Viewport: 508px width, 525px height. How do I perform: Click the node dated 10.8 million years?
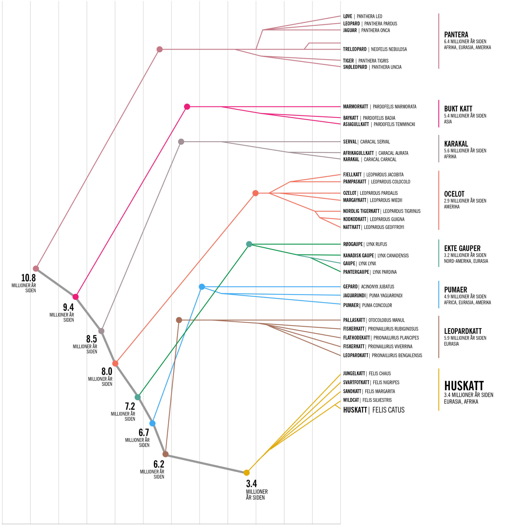pos(36,268)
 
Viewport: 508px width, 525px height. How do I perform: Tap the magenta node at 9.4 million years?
pos(76,297)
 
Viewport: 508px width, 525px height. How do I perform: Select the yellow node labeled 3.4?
pos(246,472)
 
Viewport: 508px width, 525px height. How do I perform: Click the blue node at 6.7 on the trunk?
pos(152,423)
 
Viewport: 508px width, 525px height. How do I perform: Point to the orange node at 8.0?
pos(115,363)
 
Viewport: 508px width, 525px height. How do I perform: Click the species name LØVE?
pos(347,16)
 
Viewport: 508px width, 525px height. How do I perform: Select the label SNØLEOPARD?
pos(355,67)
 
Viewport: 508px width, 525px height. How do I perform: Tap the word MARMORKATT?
pos(355,107)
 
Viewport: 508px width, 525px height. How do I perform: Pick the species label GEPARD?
pos(350,287)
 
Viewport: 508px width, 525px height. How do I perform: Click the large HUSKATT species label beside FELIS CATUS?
pos(355,410)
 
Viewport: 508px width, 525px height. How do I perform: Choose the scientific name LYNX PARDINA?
pos(384,272)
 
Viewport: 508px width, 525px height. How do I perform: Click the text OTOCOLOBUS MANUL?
pos(386,320)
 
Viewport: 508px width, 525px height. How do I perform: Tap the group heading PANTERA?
pos(456,34)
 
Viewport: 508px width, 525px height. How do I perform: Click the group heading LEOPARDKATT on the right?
pos(463,331)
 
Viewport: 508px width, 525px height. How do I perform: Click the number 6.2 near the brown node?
pos(159,464)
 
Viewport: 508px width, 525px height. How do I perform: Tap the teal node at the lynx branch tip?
pos(249,244)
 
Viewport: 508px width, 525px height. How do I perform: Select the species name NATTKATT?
pos(352,227)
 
